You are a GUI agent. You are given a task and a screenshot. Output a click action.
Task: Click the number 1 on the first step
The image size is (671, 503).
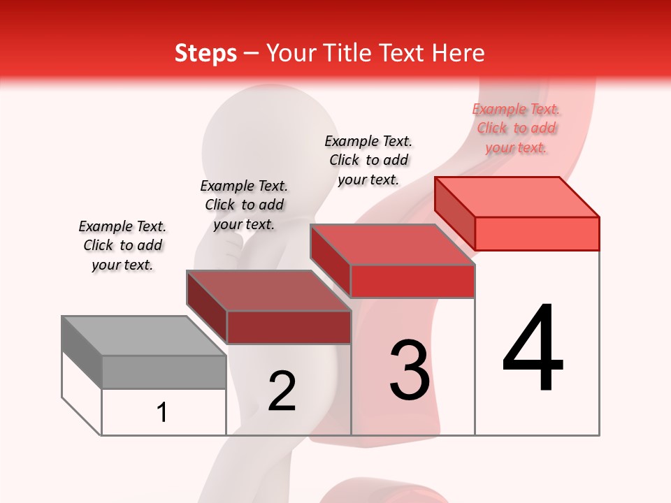[x=162, y=412]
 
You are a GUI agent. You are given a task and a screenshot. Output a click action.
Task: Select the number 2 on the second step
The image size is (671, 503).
[x=282, y=391]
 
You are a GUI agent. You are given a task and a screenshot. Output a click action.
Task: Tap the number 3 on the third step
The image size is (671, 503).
[x=410, y=370]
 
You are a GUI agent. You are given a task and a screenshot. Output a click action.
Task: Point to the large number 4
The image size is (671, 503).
[x=533, y=348]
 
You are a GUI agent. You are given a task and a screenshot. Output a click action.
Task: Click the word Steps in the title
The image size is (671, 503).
[x=205, y=53]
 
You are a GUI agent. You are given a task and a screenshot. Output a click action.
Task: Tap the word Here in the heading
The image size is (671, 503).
[x=459, y=53]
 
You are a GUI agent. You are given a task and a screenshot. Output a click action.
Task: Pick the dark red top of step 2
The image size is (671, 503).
[x=268, y=290]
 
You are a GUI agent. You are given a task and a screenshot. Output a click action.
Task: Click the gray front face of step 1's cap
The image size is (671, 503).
[x=164, y=372]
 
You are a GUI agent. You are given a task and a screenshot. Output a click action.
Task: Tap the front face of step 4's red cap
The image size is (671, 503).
[x=537, y=233]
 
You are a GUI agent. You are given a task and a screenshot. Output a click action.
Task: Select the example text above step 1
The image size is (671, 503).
[x=122, y=245]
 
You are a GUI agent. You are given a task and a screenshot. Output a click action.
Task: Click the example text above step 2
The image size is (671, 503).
[x=244, y=205]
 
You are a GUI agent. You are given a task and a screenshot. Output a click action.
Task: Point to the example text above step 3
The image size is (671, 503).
[x=368, y=160]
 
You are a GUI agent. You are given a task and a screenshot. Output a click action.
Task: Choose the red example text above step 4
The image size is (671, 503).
[x=516, y=128]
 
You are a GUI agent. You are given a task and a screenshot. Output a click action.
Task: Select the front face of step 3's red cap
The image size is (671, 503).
[x=412, y=281]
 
